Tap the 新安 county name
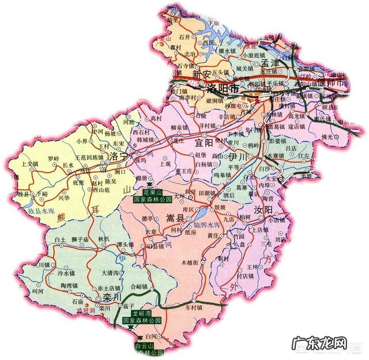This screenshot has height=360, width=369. coord(202,74)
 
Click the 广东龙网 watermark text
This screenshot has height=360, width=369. coord(320,343)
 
